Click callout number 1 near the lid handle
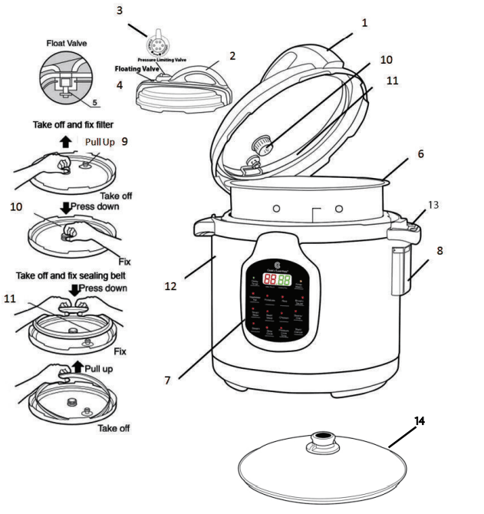pos(364,23)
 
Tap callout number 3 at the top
pos(140,11)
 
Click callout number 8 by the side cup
pos(440,250)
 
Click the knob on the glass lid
pos(324,443)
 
